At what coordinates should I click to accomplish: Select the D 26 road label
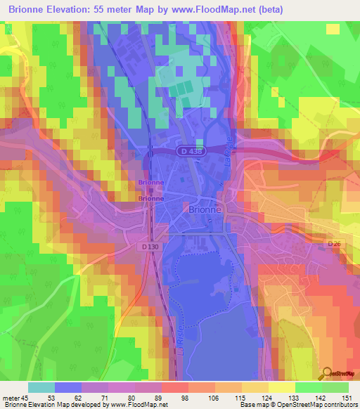point(333,244)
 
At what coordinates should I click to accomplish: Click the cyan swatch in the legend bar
point(41,387)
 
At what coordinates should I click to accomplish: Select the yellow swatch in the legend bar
point(281,387)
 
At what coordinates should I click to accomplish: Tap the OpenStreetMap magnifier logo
point(325,372)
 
